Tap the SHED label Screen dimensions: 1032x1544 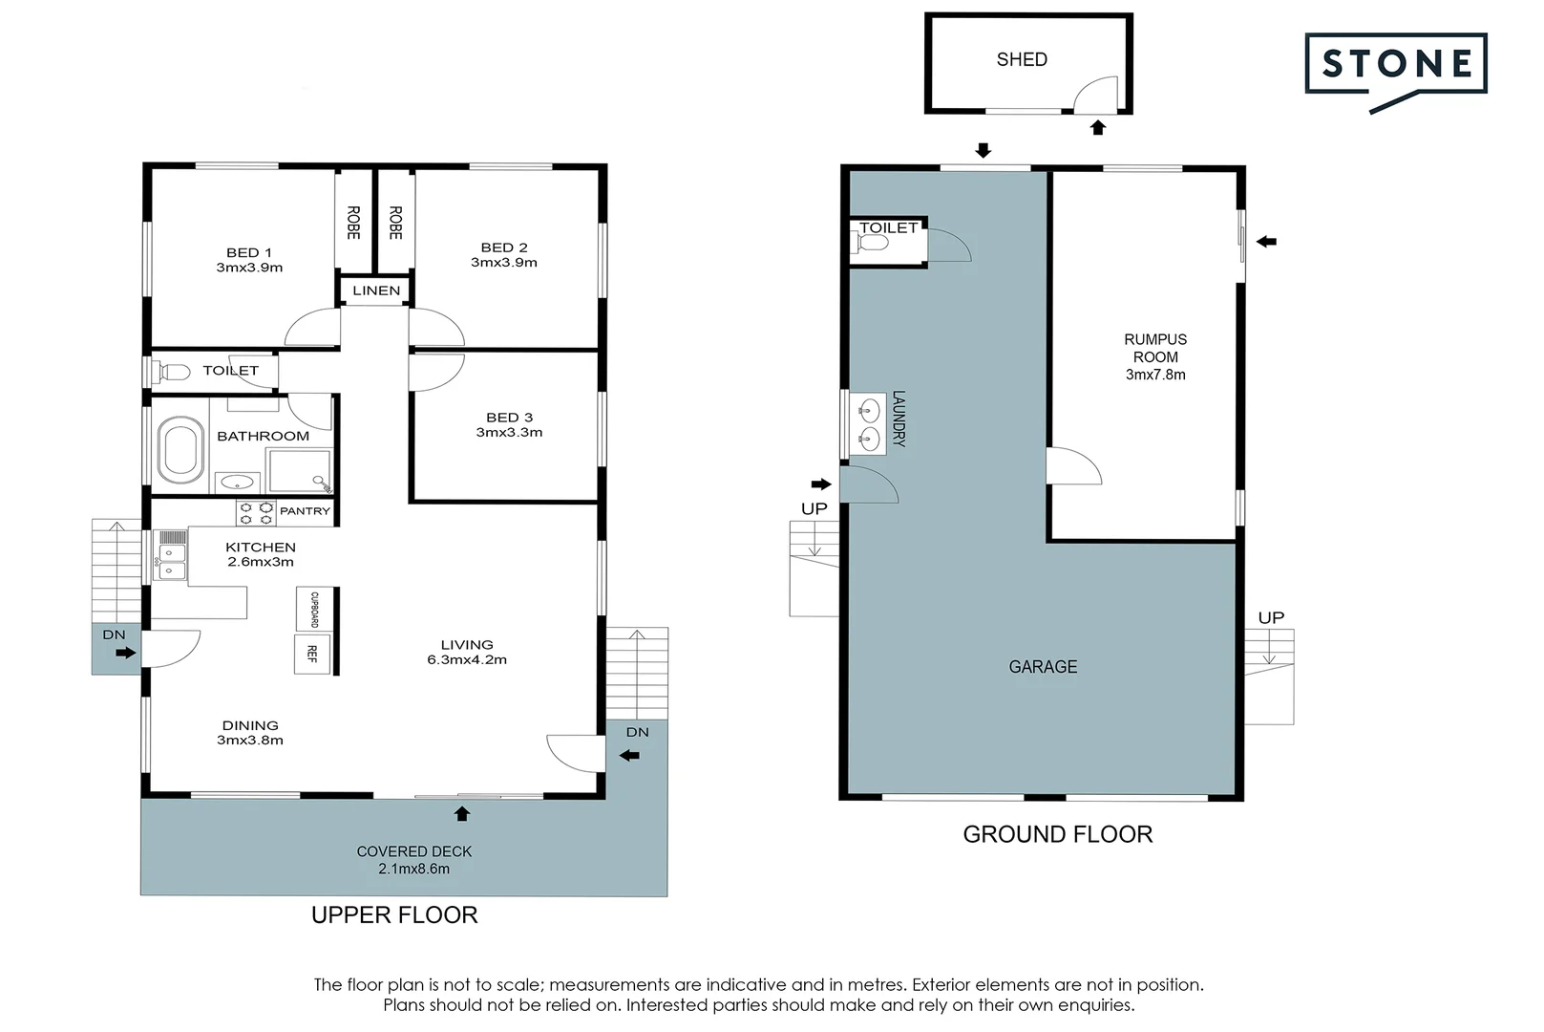coord(1021,59)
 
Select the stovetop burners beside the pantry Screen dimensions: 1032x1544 coord(256,513)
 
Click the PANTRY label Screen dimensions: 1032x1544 coord(305,511)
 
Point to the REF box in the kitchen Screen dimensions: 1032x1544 coord(312,654)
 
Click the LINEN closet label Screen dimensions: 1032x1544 coord(376,290)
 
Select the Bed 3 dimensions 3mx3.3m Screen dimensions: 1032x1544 coord(509,432)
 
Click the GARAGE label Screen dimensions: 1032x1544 coord(1043,667)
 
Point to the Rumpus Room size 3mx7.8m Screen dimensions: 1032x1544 coord(1155,375)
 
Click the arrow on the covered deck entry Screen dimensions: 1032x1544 coord(462,813)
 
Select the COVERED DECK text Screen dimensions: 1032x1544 coord(414,850)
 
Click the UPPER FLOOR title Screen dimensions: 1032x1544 coord(394,914)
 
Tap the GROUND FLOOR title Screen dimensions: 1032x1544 coord(1057,834)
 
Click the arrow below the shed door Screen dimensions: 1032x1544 coord(1098,127)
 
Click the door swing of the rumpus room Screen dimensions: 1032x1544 coord(1075,466)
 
